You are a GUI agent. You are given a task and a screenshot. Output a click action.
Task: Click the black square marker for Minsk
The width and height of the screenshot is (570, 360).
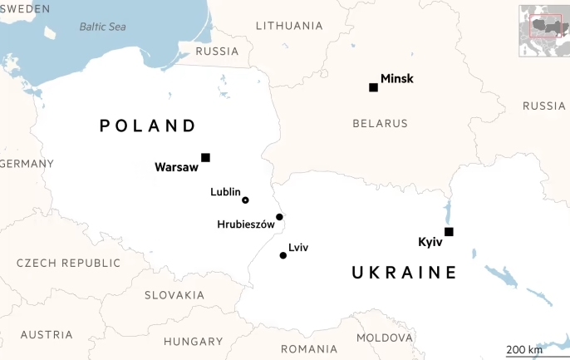tap(373, 87)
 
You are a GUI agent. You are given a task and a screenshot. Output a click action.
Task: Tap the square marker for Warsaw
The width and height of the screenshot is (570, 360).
tap(205, 157)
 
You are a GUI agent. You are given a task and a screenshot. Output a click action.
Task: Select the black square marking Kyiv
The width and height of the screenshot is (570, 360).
tap(449, 232)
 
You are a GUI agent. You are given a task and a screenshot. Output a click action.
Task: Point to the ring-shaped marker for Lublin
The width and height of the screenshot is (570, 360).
tap(245, 200)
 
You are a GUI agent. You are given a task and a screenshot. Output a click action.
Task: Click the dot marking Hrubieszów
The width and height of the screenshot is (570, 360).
tap(279, 217)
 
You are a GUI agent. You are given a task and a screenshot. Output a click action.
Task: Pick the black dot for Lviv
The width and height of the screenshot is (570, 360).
tap(283, 255)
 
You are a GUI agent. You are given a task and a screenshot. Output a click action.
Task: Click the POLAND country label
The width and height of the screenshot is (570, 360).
tap(148, 126)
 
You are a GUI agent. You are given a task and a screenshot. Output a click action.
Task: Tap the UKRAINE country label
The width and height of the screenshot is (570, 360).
tap(404, 272)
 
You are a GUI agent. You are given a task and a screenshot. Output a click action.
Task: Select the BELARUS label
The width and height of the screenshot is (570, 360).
tap(380, 123)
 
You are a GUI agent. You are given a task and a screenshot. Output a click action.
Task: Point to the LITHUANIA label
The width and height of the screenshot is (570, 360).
tap(289, 26)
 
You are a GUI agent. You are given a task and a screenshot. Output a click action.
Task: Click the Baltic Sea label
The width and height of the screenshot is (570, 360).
tap(102, 27)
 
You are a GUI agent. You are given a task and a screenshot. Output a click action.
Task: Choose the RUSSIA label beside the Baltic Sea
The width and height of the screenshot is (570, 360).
tap(217, 52)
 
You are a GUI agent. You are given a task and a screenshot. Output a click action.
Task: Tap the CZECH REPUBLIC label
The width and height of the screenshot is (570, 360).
tap(68, 263)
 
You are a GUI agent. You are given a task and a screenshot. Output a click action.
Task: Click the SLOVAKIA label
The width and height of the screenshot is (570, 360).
tap(174, 295)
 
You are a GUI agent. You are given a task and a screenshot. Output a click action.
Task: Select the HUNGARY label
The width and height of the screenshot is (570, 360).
tap(193, 341)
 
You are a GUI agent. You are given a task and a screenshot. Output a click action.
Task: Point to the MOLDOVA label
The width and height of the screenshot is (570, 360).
tap(385, 338)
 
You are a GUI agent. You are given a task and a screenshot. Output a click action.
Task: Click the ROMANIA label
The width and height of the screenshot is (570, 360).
tap(309, 348)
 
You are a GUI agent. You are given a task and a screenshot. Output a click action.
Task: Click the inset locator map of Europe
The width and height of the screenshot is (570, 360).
tap(543, 31)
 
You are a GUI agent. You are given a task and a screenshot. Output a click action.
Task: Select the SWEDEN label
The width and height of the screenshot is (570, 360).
tap(25, 8)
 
